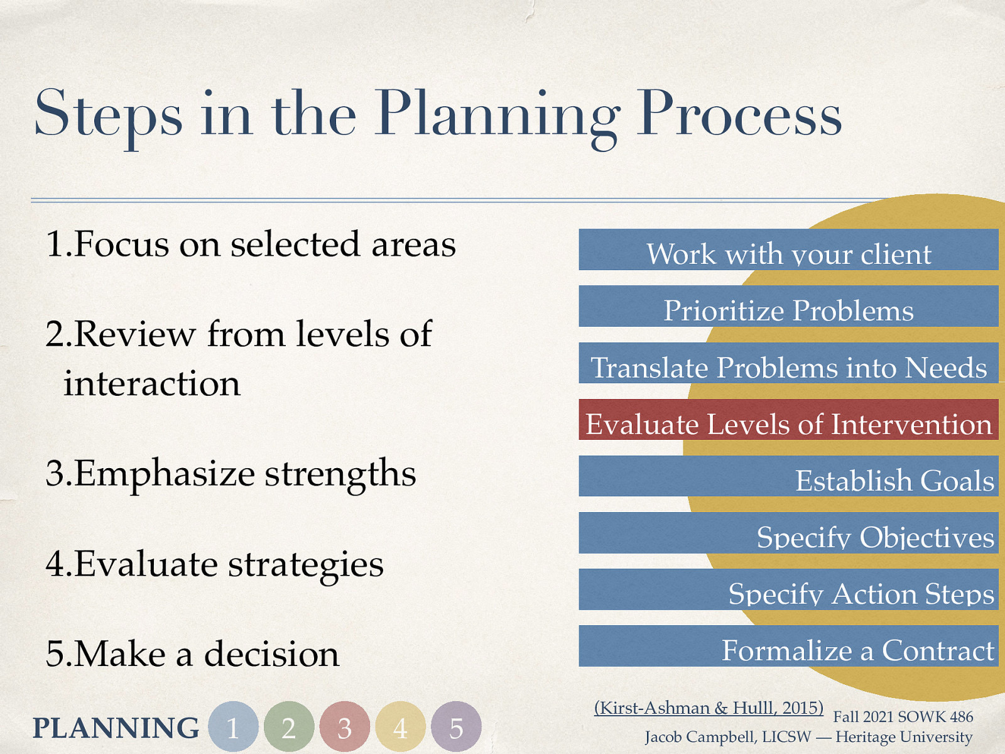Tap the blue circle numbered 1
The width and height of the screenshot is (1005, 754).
233,727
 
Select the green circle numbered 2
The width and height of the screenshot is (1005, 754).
289,727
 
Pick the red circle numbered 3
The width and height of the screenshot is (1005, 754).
344,727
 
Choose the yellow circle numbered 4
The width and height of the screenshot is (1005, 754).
400,727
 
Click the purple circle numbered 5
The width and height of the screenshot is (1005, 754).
456,727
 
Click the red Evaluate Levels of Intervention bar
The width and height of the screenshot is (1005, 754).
788,420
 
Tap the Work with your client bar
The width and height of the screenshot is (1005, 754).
788,250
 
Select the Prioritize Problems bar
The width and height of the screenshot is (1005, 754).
788,307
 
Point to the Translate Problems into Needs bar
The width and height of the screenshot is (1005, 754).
788,363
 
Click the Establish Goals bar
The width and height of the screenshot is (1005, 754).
788,476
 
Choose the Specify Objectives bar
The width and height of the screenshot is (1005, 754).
788,533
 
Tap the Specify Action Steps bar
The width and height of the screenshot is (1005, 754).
788,589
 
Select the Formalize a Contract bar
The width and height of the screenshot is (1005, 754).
788,646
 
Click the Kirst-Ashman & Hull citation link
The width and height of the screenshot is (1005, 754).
709,708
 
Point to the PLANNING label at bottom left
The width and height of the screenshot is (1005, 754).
116,728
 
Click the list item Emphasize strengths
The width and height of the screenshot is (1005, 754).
231,474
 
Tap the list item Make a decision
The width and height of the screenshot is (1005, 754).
192,654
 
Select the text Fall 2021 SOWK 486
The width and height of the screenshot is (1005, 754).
903,717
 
